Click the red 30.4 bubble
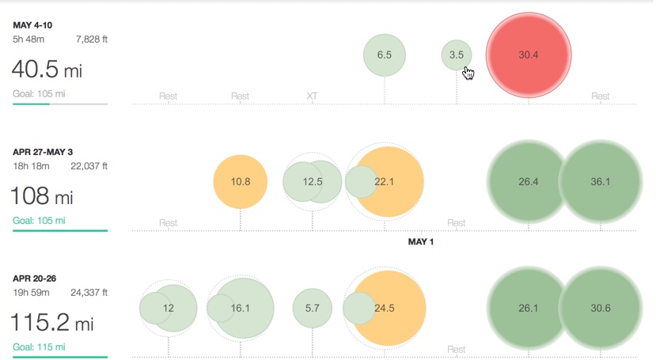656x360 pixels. [529, 55]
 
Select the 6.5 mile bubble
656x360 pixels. [385, 55]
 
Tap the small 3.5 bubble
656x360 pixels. [456, 55]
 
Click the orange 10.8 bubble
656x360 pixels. [241, 182]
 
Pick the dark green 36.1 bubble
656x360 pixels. [601, 182]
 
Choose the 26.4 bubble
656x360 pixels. [529, 182]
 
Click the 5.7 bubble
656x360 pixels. [312, 309]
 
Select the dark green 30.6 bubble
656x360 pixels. [601, 309]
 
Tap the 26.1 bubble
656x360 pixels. [529, 309]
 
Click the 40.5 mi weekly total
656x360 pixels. [47, 70]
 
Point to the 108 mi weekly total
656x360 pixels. [41, 195]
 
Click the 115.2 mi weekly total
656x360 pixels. [51, 323]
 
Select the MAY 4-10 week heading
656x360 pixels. [33, 25]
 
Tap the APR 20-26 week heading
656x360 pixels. [34, 278]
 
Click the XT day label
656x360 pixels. [312, 97]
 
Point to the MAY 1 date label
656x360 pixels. [420, 241]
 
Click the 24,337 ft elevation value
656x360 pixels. [89, 292]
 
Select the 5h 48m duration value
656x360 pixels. [28, 39]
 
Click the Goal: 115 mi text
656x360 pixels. [39, 347]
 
